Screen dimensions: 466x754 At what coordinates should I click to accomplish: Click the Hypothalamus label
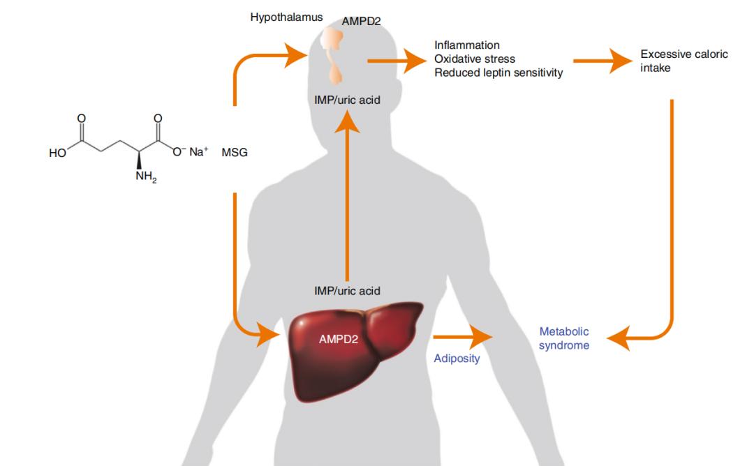coord(286,17)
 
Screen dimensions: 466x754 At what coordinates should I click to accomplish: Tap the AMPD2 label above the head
coord(361,22)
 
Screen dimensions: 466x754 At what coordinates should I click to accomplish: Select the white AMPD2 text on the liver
coord(339,340)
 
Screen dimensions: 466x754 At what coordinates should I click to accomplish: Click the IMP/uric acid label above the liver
coord(347,290)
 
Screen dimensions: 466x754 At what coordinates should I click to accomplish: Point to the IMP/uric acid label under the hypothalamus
coord(347,100)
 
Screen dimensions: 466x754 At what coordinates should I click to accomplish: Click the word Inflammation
coord(467,46)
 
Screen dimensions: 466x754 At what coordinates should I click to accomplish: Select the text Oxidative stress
coord(475,59)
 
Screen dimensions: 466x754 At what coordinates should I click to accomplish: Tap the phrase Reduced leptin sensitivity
coord(498,73)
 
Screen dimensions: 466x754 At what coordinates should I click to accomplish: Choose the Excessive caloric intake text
coord(683,61)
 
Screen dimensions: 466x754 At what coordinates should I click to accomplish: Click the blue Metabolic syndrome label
coord(564,338)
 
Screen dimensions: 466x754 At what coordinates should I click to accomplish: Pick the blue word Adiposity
coord(457,359)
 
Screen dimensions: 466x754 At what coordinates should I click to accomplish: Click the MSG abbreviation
coord(235,152)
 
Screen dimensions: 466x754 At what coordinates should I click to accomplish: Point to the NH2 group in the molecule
coord(145,176)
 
